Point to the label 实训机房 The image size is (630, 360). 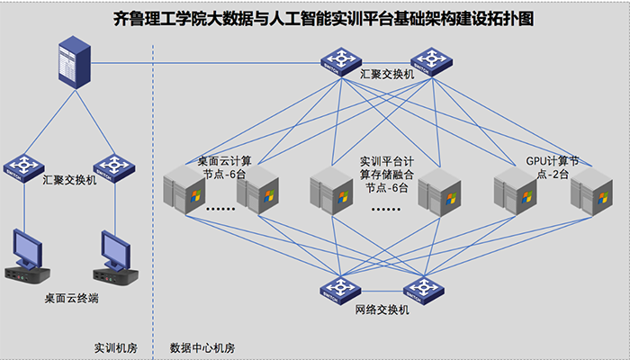tap(114, 346)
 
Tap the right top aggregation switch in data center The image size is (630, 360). tap(431, 60)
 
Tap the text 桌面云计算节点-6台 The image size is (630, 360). tap(224, 167)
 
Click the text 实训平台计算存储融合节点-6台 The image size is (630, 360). tap(386, 174)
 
